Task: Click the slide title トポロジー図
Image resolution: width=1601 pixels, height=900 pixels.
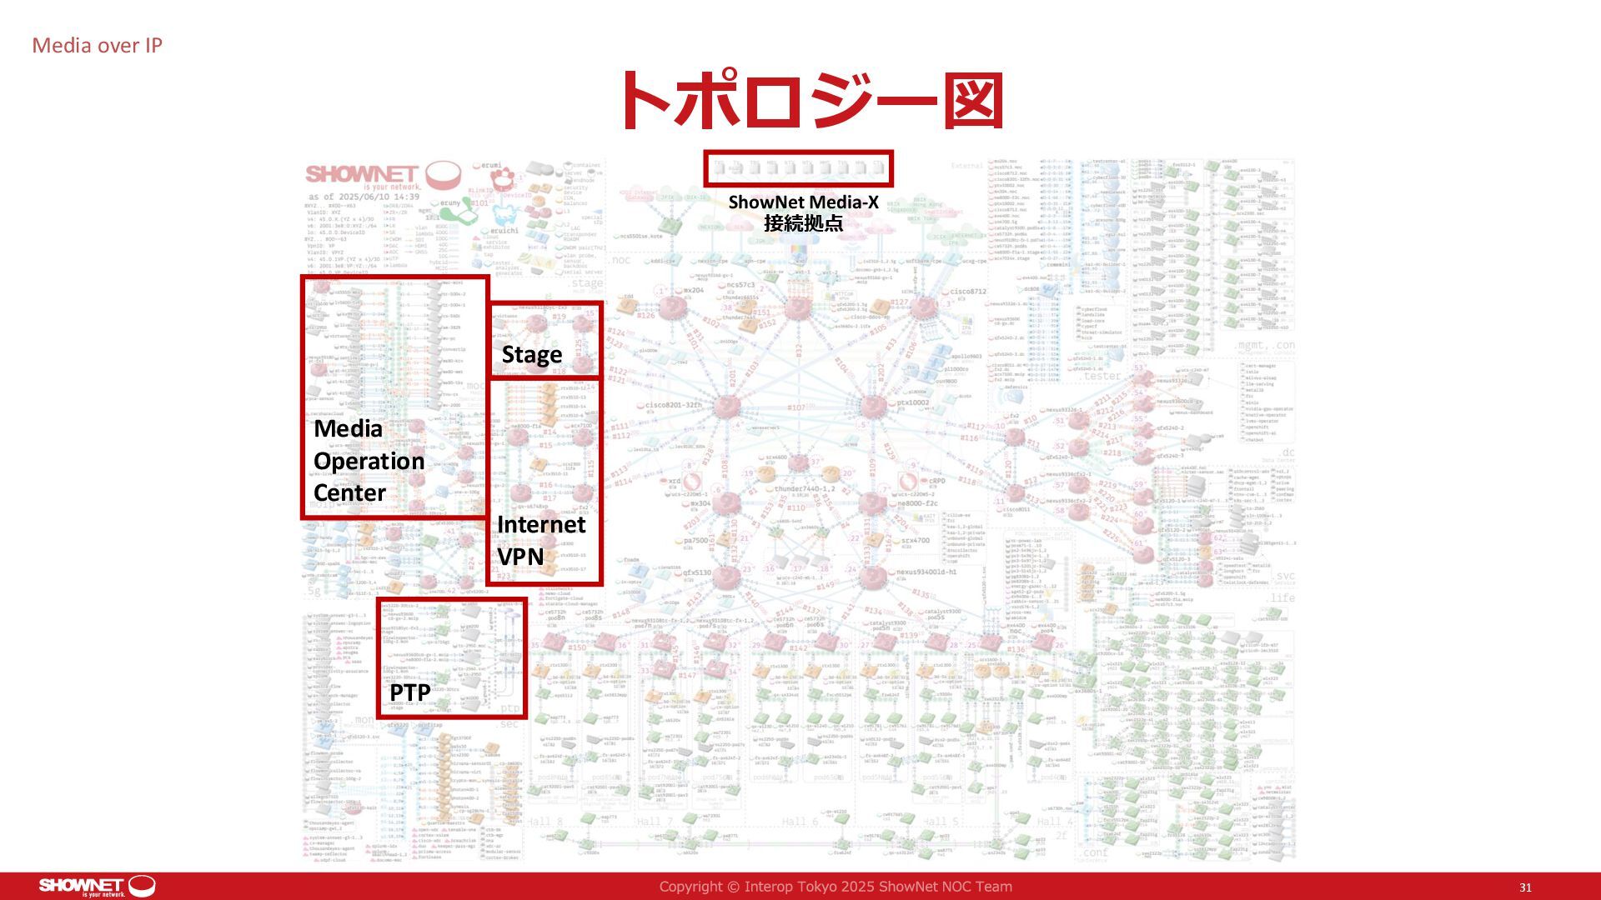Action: pos(807,101)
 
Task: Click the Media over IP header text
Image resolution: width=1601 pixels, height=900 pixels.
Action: pos(97,46)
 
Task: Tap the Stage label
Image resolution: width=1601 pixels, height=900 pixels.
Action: pos(531,355)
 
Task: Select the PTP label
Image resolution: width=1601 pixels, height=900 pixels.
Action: pos(409,692)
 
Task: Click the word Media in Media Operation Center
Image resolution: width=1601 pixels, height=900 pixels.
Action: pos(348,428)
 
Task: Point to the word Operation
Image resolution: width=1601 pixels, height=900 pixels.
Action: pos(369,461)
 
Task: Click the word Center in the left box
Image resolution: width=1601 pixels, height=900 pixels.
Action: pos(349,492)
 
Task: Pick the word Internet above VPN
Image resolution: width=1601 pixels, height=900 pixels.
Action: pos(541,524)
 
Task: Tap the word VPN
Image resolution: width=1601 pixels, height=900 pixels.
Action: pos(520,556)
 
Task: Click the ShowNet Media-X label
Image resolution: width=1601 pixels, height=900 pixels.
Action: pos(803,202)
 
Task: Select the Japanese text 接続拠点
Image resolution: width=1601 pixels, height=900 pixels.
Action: pos(803,223)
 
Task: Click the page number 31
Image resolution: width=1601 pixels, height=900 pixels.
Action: pos(1525,887)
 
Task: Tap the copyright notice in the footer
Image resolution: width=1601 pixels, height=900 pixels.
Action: pos(836,887)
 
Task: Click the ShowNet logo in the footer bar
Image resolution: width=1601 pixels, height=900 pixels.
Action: pos(97,886)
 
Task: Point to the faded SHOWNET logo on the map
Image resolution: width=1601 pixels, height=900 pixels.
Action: pos(362,174)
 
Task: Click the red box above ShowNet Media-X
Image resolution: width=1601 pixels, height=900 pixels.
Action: pos(798,168)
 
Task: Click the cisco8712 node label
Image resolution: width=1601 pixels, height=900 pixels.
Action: pos(968,292)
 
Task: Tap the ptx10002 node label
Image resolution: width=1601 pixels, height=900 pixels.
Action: pos(912,402)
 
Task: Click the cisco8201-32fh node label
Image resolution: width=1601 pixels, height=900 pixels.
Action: pos(674,405)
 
